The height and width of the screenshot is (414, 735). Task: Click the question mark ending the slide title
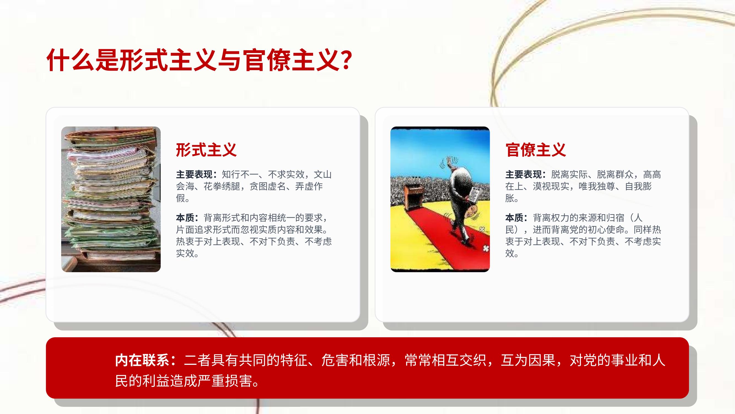click(346, 60)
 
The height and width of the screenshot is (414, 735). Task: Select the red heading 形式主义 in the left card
click(206, 150)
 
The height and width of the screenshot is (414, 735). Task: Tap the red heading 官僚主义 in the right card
click(535, 150)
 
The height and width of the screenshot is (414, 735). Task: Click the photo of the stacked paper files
click(111, 199)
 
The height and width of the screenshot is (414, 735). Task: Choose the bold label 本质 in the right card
click(514, 218)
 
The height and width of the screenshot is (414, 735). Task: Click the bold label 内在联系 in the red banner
click(142, 360)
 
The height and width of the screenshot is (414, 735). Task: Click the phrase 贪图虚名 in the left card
click(268, 186)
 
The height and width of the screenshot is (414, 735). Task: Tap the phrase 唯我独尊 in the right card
click(597, 186)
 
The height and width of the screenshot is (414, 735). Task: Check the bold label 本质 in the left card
click(185, 218)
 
